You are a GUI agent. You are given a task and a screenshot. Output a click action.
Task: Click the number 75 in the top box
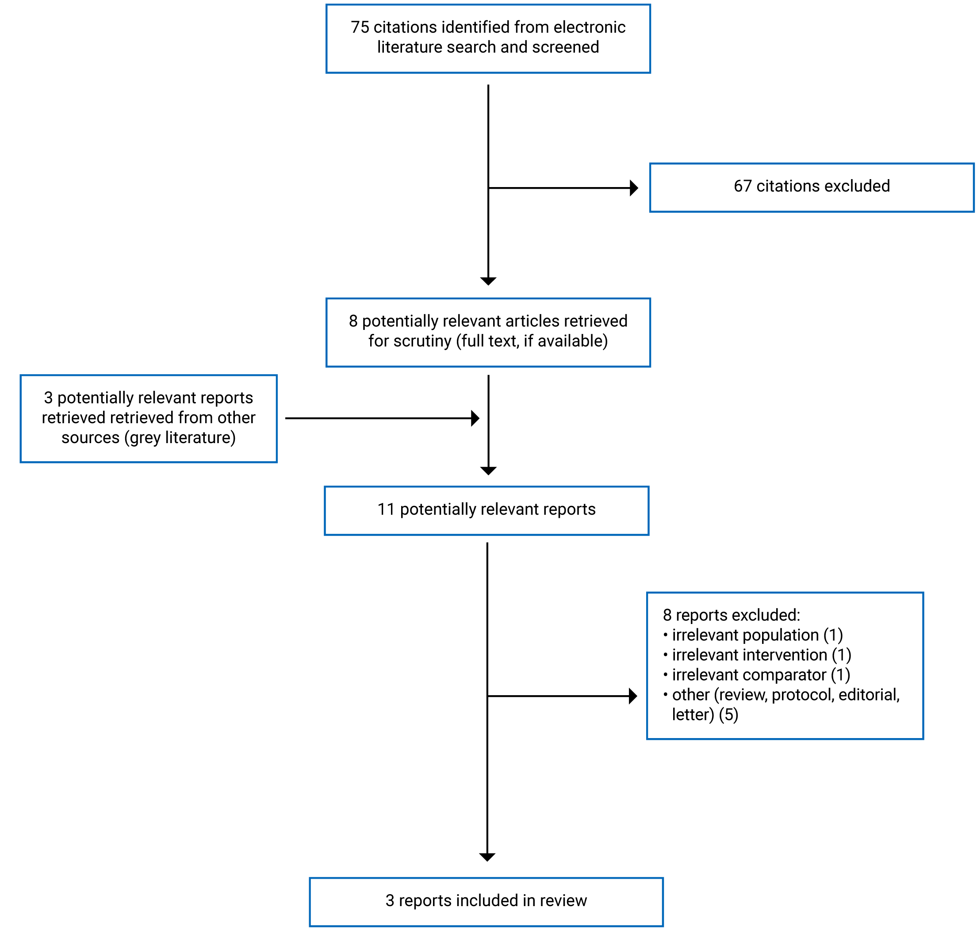[360, 27]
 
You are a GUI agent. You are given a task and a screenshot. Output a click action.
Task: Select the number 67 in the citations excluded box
[742, 186]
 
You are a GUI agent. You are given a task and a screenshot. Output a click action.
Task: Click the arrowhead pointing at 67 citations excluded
[633, 188]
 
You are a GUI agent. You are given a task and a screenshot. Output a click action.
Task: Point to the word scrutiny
[422, 341]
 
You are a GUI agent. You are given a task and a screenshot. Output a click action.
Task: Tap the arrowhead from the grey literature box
[475, 418]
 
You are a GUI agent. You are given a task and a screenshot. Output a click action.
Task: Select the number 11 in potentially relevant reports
[386, 509]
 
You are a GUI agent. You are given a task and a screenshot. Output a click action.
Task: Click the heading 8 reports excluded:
[731, 615]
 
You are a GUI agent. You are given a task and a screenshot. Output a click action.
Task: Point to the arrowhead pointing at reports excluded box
[632, 696]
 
